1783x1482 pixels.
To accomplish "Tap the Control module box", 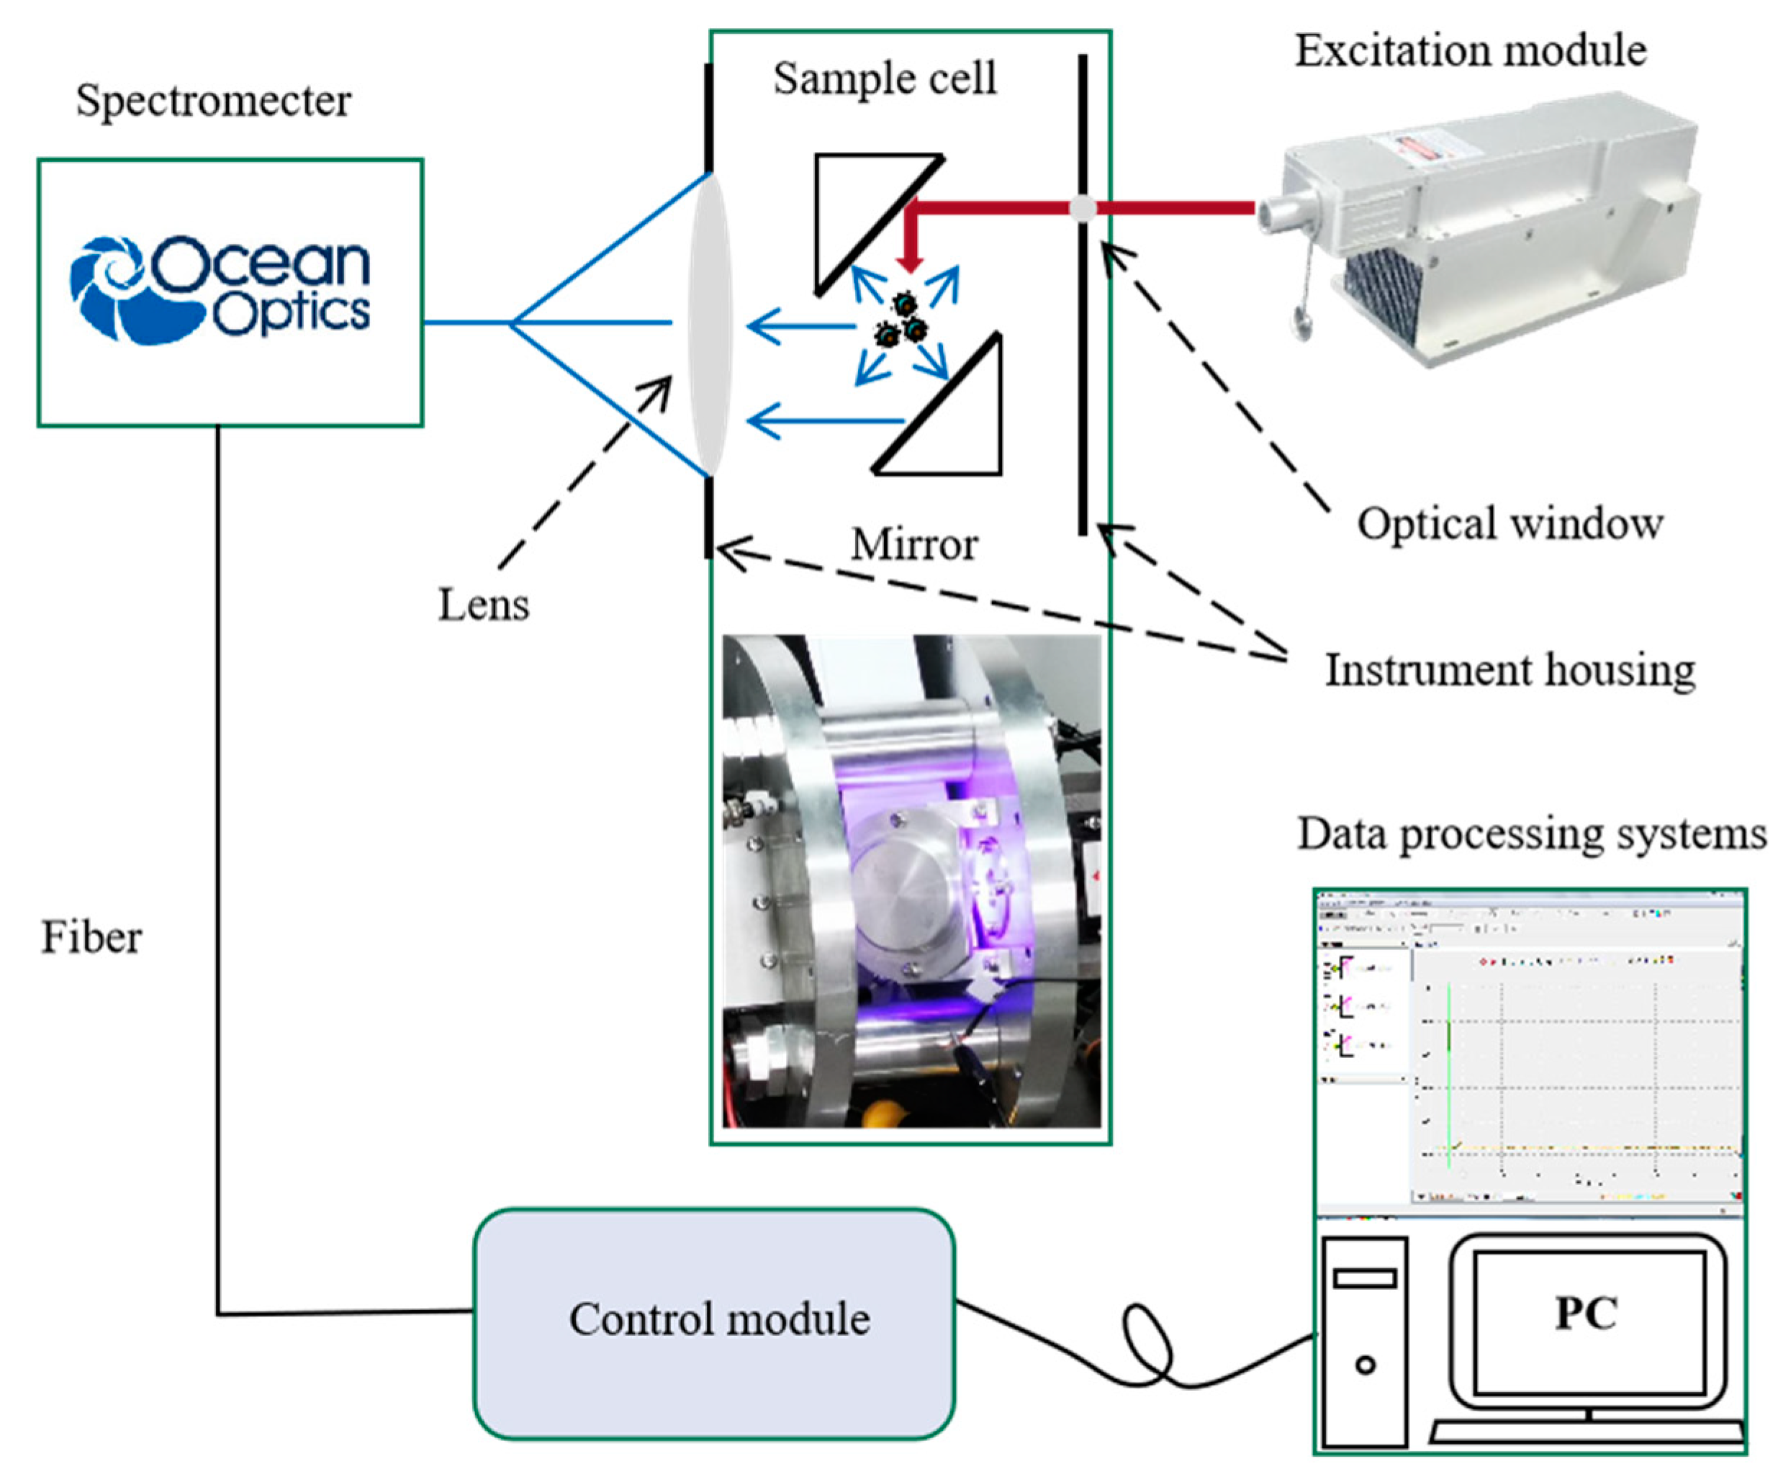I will click(x=714, y=1325).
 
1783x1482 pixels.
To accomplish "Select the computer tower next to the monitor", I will click(x=1364, y=1342).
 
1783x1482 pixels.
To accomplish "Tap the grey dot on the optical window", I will click(x=1082, y=208).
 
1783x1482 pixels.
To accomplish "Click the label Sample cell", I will click(x=884, y=79).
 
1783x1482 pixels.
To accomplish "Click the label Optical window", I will click(x=1509, y=524).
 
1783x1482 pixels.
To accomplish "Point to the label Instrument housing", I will click(x=1509, y=671).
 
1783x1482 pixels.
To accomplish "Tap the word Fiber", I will click(x=91, y=938).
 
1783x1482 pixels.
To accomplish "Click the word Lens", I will click(x=483, y=605).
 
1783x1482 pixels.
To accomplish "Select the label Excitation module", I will click(x=1470, y=51).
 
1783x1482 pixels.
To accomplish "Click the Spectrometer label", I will click(x=213, y=101).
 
